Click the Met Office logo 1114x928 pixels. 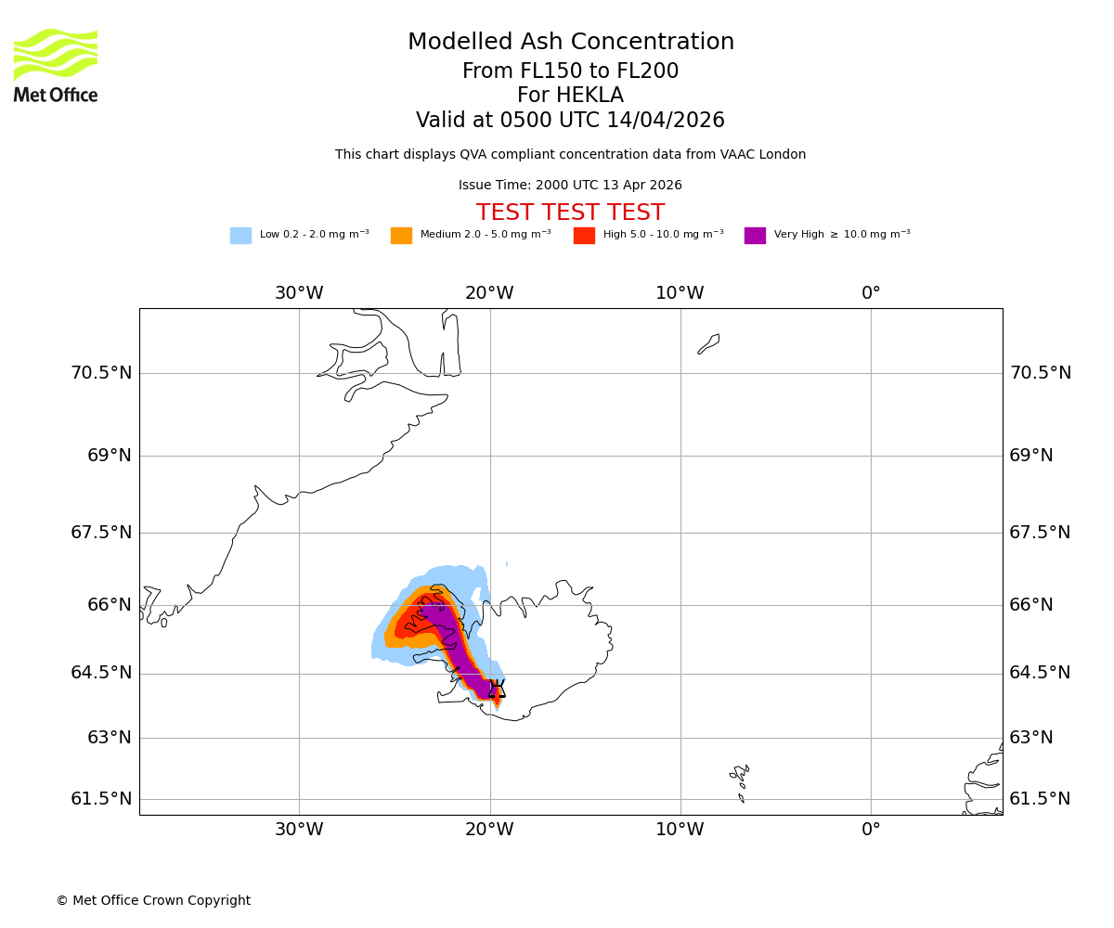[x=56, y=65]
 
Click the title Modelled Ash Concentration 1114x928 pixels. [x=571, y=43]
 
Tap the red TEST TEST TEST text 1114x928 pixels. [x=570, y=213]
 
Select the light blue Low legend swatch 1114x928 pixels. [x=240, y=236]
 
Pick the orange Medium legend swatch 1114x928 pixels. [x=401, y=236]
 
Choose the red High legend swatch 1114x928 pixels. [x=584, y=236]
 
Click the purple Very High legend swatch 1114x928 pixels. [x=755, y=236]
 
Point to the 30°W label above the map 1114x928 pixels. [x=299, y=293]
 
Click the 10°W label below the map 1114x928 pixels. [x=680, y=830]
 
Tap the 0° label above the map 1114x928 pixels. [x=871, y=293]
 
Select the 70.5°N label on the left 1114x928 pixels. [x=101, y=373]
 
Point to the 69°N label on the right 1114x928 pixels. [x=1031, y=456]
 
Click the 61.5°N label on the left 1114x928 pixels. [x=101, y=799]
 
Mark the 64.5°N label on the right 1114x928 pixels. [x=1040, y=673]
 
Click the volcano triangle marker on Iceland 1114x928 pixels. [x=497, y=689]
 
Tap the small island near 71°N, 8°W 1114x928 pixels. [x=709, y=343]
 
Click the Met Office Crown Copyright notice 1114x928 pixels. [x=153, y=901]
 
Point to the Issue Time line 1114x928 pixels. [x=570, y=186]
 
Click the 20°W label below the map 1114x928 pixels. [x=489, y=830]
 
